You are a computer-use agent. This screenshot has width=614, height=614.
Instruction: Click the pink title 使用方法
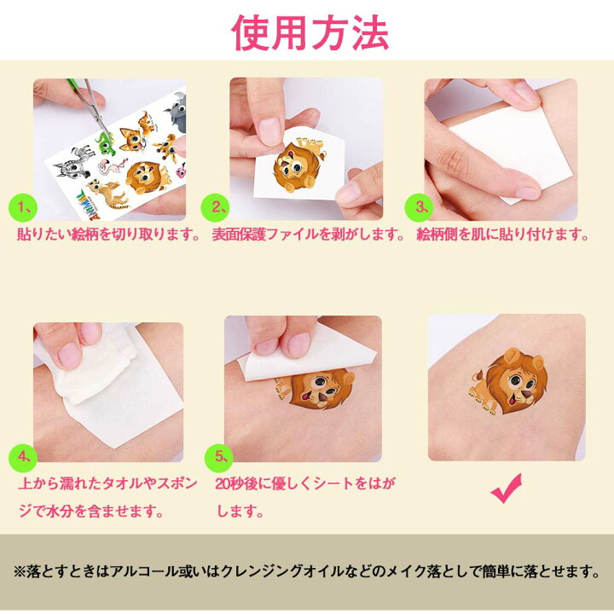(x=310, y=33)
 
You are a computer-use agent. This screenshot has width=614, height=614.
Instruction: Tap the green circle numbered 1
(x=23, y=207)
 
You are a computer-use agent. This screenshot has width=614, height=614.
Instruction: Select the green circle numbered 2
(x=215, y=207)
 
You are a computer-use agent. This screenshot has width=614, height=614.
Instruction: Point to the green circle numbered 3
(x=419, y=207)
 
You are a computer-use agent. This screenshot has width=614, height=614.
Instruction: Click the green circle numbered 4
(x=23, y=457)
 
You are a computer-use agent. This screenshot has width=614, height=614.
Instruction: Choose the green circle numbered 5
(x=219, y=457)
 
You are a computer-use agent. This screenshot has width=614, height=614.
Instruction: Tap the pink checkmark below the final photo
(x=506, y=488)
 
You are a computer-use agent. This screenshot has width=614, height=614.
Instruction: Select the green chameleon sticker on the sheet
(x=105, y=142)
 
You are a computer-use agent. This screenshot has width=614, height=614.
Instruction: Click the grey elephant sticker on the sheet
(x=176, y=112)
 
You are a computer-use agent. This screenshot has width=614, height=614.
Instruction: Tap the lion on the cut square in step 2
(x=298, y=166)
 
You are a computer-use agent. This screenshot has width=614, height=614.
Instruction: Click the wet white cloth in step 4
(x=96, y=364)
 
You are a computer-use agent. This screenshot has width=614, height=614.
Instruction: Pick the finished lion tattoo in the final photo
(x=509, y=380)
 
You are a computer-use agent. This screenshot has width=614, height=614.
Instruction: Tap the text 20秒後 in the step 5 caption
(x=236, y=484)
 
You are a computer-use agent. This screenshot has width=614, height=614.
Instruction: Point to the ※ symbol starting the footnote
(x=19, y=572)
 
